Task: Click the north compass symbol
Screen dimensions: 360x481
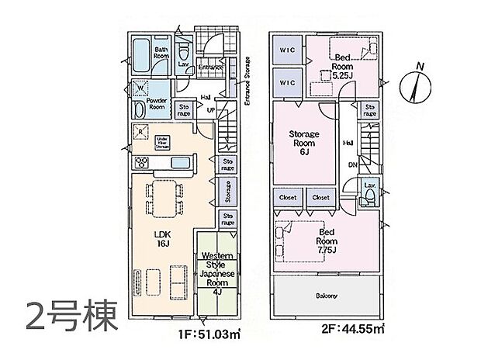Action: tap(417, 85)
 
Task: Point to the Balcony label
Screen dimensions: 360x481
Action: tap(327, 296)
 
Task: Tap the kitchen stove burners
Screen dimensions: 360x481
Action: tap(143, 162)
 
